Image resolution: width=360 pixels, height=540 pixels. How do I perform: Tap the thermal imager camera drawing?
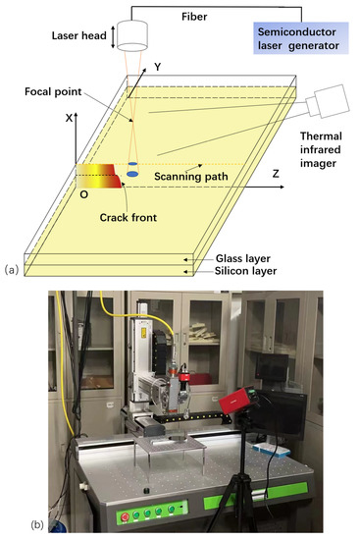click(325, 100)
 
